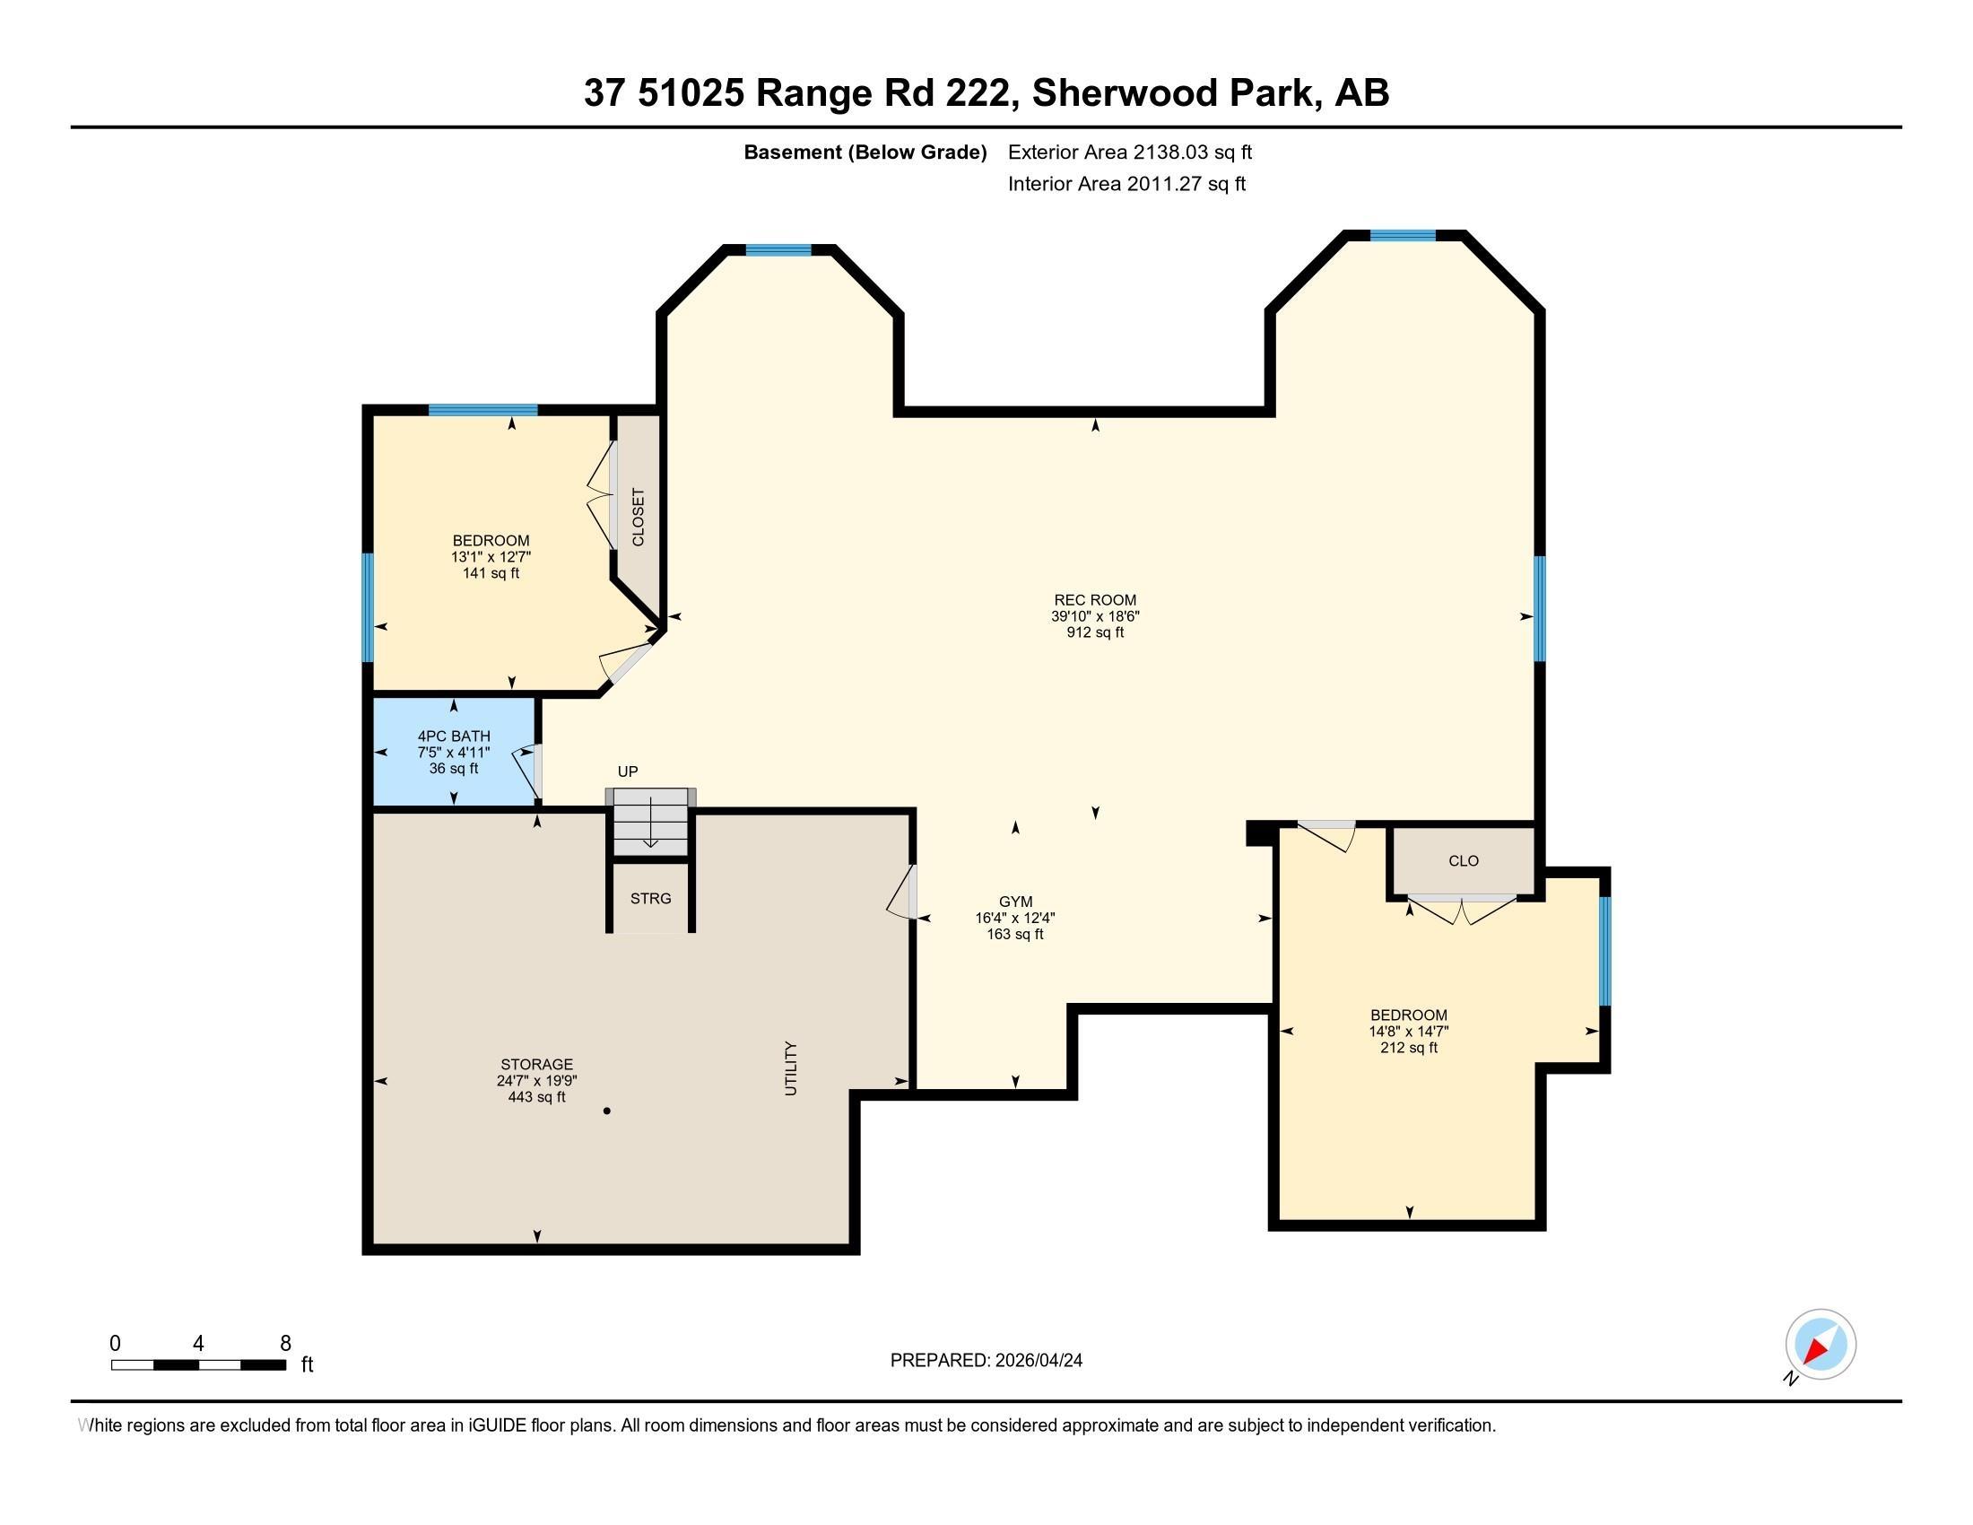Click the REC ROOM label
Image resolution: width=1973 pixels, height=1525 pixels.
click(x=1095, y=600)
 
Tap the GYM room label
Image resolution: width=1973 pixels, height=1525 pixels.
click(x=1015, y=902)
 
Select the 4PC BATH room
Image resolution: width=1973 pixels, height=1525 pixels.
click(x=455, y=752)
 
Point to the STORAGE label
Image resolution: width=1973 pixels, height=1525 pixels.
click(x=536, y=1064)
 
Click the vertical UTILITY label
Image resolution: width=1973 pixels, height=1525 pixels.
click(x=791, y=1068)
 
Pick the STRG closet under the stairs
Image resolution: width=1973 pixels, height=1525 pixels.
click(x=650, y=898)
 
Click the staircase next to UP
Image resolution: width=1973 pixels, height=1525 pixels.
click(x=650, y=822)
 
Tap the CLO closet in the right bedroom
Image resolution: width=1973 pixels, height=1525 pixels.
click(x=1464, y=861)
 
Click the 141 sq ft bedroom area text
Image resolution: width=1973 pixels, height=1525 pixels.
click(x=491, y=573)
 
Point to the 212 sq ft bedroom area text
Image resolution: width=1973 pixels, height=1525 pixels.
click(x=1408, y=1048)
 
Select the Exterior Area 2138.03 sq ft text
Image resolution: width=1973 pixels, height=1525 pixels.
click(x=1130, y=152)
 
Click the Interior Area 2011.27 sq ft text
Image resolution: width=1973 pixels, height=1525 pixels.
click(x=1126, y=184)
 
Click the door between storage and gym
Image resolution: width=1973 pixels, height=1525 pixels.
click(x=903, y=893)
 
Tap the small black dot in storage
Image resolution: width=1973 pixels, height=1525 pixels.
click(x=607, y=1111)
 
